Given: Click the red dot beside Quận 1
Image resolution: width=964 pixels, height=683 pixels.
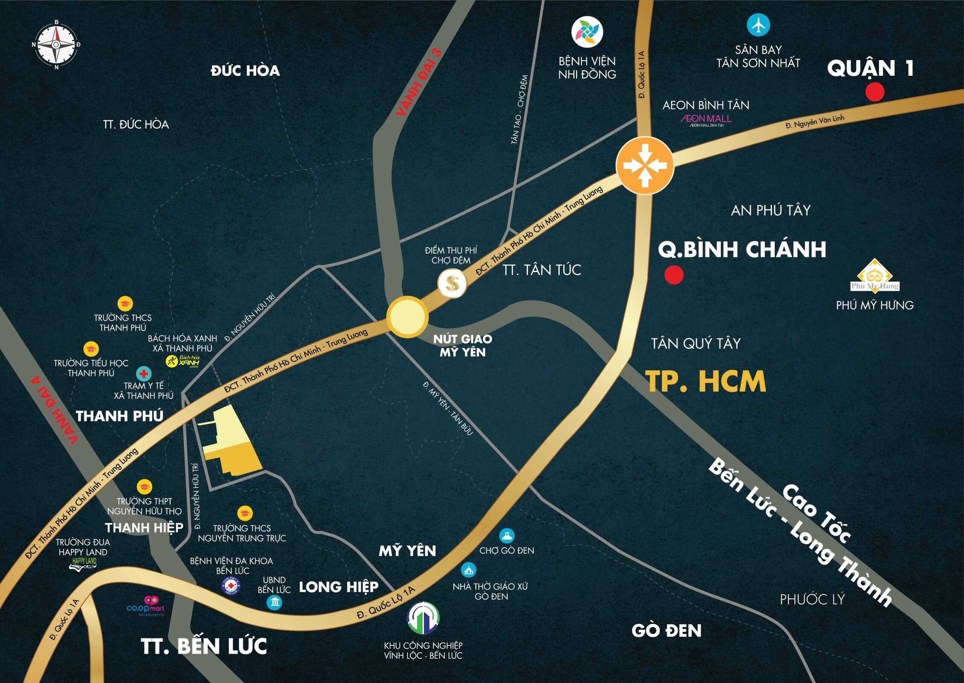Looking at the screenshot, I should point(875,92).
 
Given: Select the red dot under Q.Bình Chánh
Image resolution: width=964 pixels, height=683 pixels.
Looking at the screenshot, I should point(674,275).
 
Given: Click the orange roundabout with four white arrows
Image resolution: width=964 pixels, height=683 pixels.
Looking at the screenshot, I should point(645,165).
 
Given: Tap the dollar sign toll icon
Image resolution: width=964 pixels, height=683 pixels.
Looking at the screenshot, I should point(452,283).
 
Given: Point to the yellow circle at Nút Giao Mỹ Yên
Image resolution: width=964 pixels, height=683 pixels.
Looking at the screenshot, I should point(407,317).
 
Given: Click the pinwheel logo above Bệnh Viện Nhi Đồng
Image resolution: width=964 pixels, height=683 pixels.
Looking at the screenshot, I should point(587,32).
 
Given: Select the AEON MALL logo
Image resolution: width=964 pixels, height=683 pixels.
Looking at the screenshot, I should point(706,119).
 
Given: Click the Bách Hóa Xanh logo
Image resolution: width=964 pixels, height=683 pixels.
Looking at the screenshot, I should point(183,361).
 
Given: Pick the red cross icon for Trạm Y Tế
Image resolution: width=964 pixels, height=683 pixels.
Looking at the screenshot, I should point(144,373).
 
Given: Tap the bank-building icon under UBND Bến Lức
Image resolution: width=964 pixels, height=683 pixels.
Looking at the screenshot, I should point(274,603).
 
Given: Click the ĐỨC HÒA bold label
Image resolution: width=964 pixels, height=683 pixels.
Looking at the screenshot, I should point(245,70).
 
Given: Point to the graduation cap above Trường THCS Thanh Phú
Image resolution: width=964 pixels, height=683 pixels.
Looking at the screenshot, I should point(125,304).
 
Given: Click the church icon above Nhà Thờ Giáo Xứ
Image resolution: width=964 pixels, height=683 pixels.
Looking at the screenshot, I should point(468,570).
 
